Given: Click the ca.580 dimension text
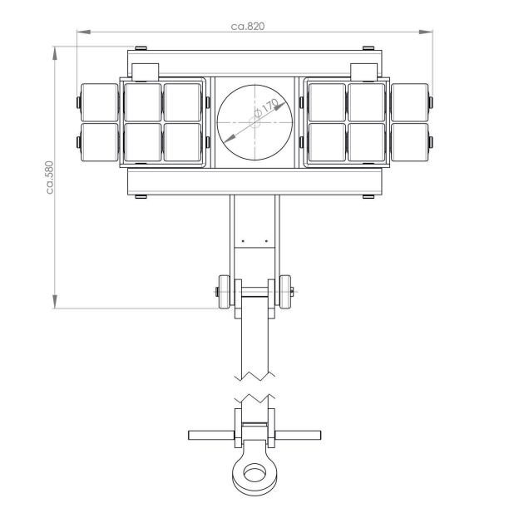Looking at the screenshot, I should tap(51, 177).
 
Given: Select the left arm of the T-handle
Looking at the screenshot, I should tap(213, 434).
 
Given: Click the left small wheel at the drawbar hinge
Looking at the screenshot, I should tap(223, 292).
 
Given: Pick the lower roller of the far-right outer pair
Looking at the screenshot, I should tap(411, 142).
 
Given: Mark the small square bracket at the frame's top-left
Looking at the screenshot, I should tap(146, 72).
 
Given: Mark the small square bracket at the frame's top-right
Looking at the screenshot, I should tap(363, 72).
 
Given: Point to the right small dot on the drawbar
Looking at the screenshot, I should tap(266, 240).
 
